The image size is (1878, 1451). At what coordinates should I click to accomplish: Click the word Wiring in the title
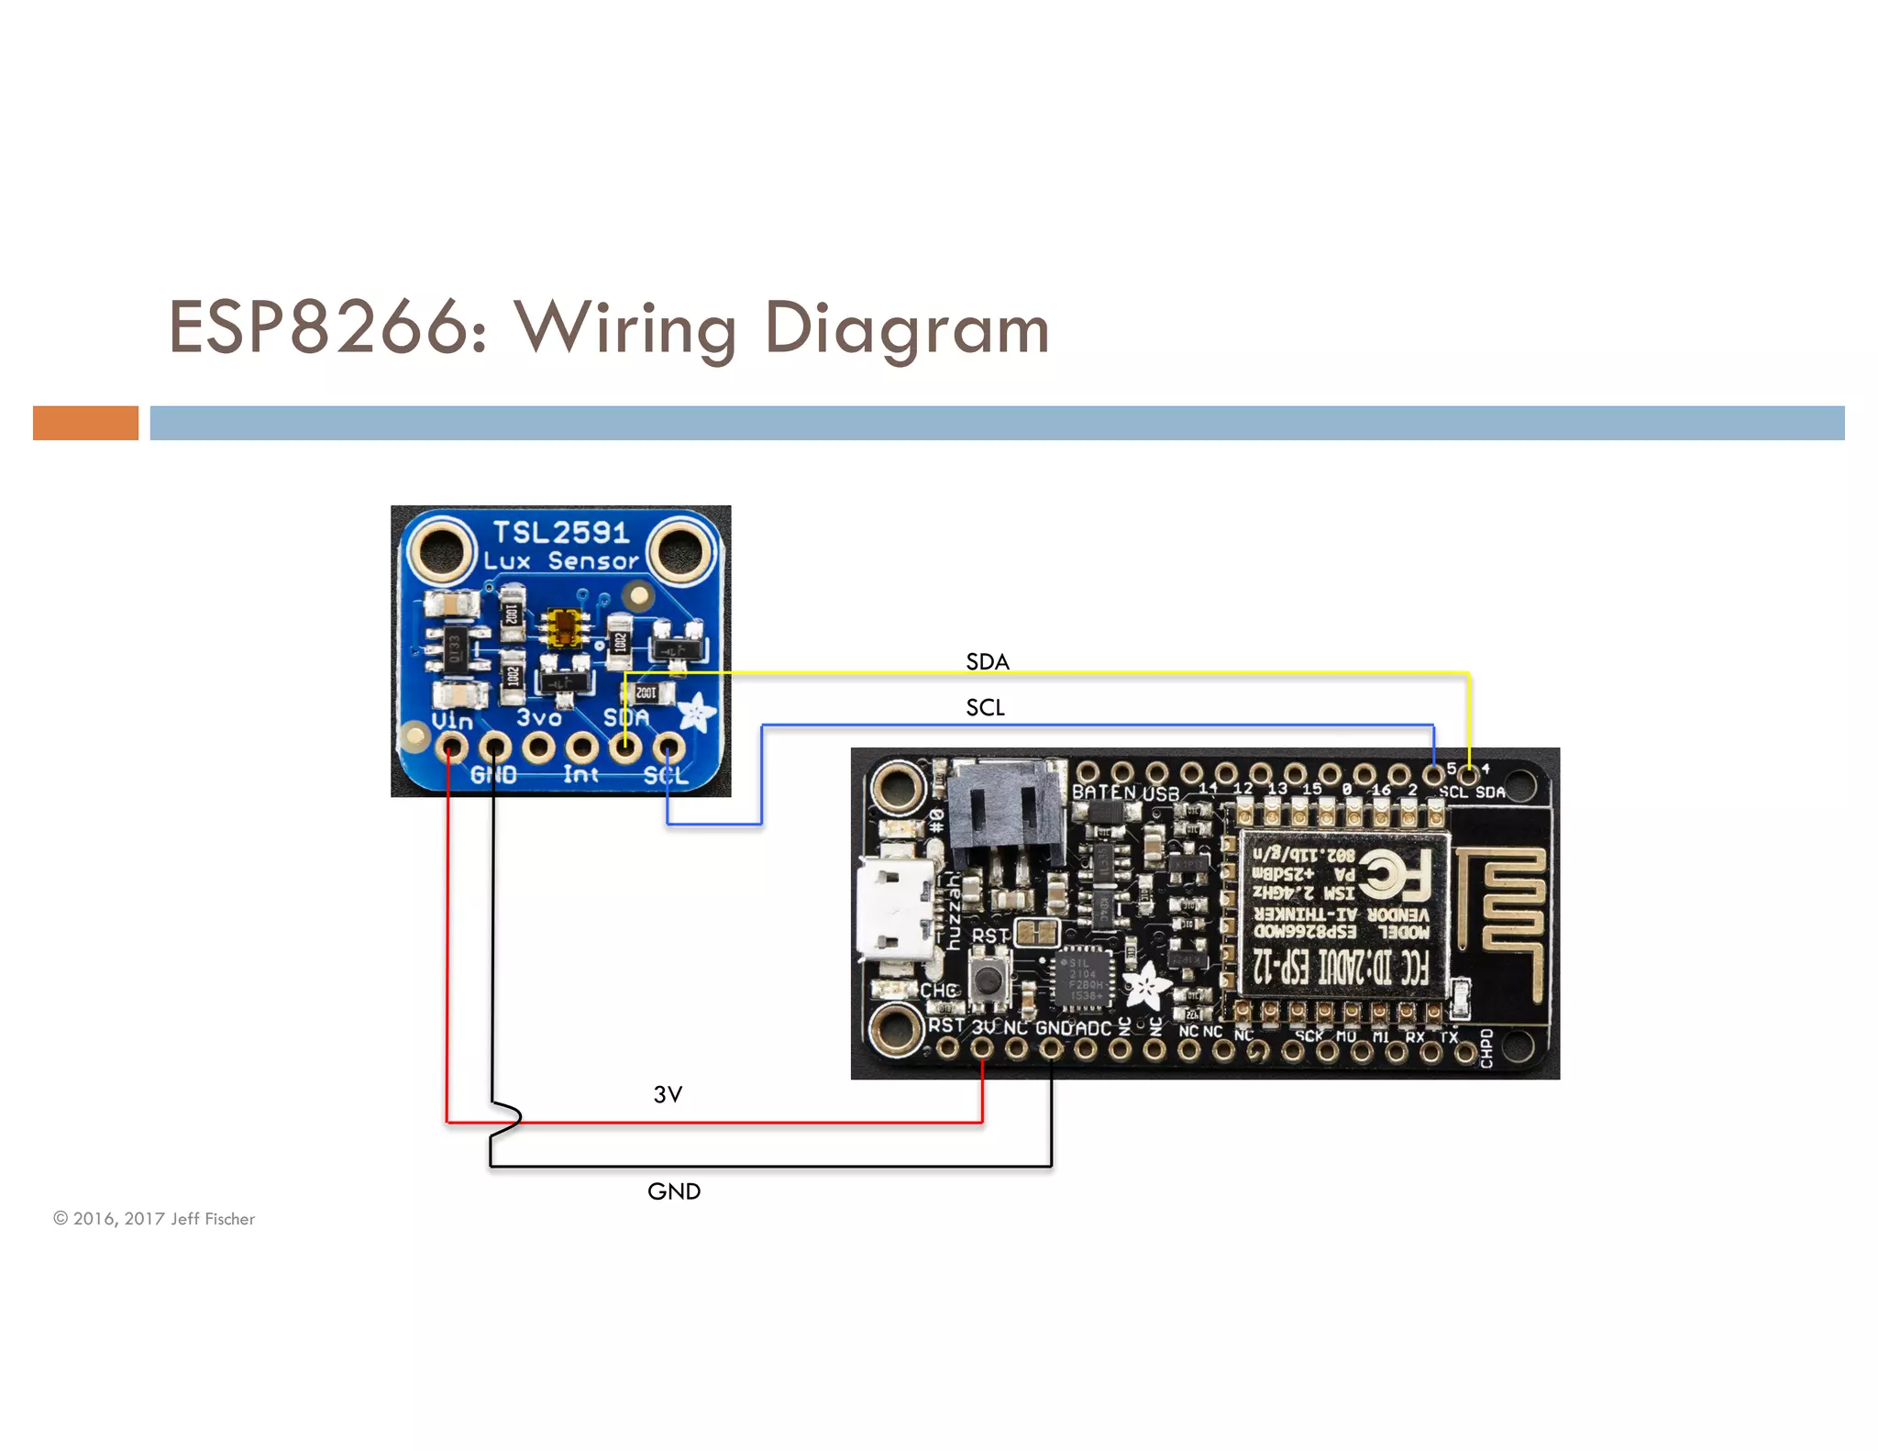(625, 328)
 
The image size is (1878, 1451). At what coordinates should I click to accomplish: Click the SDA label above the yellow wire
(987, 661)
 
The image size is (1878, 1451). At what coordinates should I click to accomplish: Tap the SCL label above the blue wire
(985, 707)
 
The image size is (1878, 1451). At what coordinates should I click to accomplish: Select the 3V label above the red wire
(668, 1094)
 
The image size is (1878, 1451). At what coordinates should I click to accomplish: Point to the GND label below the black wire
(674, 1191)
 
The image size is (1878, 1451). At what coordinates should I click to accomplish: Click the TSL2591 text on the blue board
(561, 532)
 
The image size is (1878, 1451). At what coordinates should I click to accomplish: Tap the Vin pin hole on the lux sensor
(450, 748)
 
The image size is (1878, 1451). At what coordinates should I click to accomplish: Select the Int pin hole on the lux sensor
(581, 748)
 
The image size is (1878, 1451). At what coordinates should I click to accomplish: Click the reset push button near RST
(989, 980)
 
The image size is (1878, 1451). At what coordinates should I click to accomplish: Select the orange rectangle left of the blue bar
(85, 423)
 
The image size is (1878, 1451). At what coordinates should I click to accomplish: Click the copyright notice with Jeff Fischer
(154, 1219)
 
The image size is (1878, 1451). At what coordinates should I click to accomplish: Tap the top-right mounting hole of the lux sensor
(679, 550)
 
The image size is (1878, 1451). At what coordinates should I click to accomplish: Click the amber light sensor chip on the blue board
(566, 627)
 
